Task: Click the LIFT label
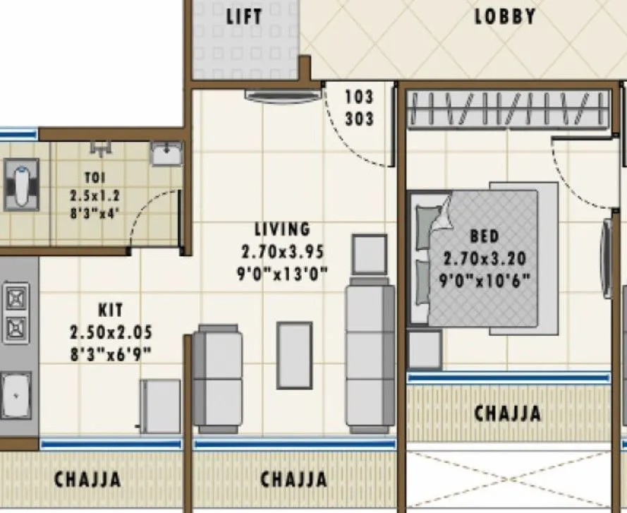coord(244,16)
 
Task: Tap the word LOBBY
coord(504,16)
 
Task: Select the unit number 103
coord(359,97)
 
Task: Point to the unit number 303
coord(359,118)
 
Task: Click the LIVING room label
coord(283,229)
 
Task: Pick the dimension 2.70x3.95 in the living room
coord(283,251)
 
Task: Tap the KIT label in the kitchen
coord(111,309)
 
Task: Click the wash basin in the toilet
coord(166,154)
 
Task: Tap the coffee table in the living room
coord(294,355)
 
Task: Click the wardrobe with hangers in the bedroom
coord(508,111)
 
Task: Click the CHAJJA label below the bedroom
coord(508,413)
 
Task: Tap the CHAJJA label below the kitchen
coord(87,479)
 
